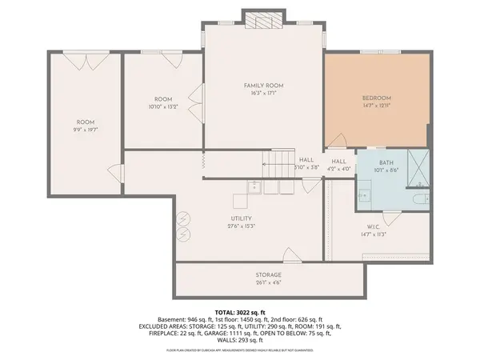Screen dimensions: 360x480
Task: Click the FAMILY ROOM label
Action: [264, 85]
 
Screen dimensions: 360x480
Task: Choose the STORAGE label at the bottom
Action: [269, 274]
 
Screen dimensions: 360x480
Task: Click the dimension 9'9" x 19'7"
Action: [86, 129]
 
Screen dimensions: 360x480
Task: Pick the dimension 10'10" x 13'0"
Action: [163, 106]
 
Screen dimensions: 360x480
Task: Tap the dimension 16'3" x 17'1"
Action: [264, 93]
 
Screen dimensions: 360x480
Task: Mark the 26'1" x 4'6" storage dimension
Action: [269, 282]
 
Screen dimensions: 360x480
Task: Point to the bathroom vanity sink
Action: [364, 193]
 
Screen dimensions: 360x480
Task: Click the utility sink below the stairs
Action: [254, 189]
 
